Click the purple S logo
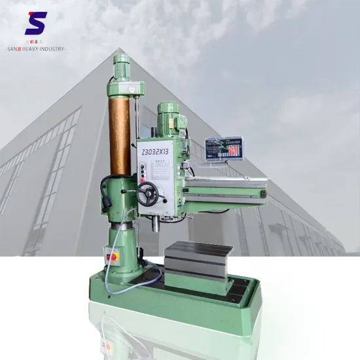[x=36, y=24]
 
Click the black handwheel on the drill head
[x=148, y=193]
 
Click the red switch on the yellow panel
[x=113, y=257]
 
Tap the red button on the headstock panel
[x=141, y=175]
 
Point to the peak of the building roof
[x=118, y=50]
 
